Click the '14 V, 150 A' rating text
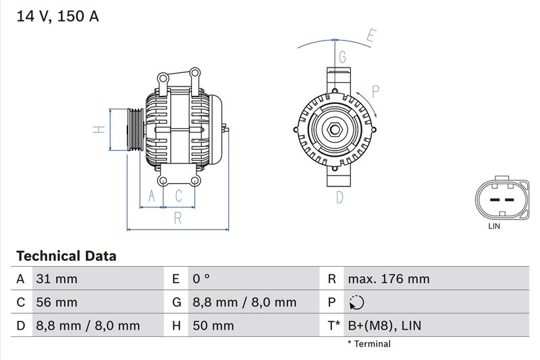click(57, 16)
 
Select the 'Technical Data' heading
click(65, 256)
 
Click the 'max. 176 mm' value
click(388, 278)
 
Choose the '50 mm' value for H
click(213, 326)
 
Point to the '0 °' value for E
click(202, 278)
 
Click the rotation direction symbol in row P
click(357, 302)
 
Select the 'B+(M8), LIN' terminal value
click(383, 326)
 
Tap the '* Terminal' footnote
click(369, 344)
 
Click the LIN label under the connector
click(494, 227)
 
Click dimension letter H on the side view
click(98, 129)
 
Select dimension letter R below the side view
click(178, 217)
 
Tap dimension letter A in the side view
click(152, 197)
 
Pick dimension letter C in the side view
click(179, 197)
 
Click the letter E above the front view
click(370, 37)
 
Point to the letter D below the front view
click(340, 197)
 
